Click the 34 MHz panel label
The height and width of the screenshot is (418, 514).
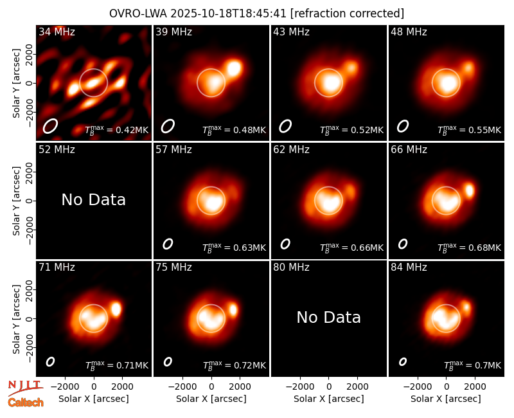click(57, 32)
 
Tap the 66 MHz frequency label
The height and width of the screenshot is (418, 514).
click(409, 150)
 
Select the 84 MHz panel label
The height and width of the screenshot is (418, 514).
click(409, 268)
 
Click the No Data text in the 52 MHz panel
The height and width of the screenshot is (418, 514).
click(94, 199)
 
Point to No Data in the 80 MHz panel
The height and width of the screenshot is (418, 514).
click(329, 317)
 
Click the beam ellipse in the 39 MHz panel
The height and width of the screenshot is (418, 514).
click(168, 126)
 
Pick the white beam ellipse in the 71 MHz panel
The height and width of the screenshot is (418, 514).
click(50, 361)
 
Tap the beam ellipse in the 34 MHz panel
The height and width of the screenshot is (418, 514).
click(50, 126)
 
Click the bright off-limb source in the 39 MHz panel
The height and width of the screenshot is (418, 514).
click(234, 69)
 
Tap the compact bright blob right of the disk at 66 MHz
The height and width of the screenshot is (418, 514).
click(470, 190)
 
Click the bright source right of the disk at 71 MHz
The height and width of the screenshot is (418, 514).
click(116, 309)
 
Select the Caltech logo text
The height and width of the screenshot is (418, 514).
click(26, 403)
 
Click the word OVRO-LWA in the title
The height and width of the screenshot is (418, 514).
click(137, 14)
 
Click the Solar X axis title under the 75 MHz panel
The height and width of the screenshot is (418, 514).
click(211, 399)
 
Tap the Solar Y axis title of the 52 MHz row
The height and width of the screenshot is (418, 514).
click(16, 201)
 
